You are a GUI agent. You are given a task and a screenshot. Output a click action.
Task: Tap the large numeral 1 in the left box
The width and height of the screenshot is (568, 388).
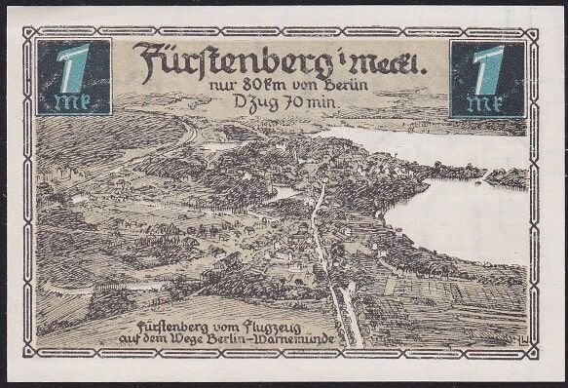[x=70, y=67]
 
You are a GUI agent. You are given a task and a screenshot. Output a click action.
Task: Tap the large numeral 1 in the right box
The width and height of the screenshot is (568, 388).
[x=487, y=68]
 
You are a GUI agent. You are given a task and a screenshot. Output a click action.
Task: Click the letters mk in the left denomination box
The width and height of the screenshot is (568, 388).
[x=70, y=102]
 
